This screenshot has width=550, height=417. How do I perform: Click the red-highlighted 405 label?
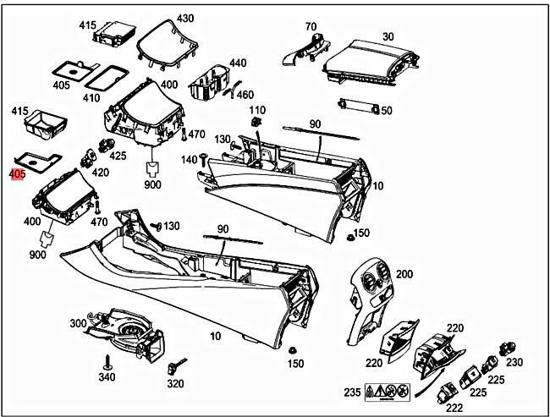17,175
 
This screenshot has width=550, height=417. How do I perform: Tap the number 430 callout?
184,18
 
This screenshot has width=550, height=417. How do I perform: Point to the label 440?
238,63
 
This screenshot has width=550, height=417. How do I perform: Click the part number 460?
245,94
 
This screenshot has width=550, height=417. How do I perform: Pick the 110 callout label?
256,111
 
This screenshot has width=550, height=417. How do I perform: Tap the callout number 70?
311,26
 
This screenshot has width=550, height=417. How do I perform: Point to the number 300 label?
78,324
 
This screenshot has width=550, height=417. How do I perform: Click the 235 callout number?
352,392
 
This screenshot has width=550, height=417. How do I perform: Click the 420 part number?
100,173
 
